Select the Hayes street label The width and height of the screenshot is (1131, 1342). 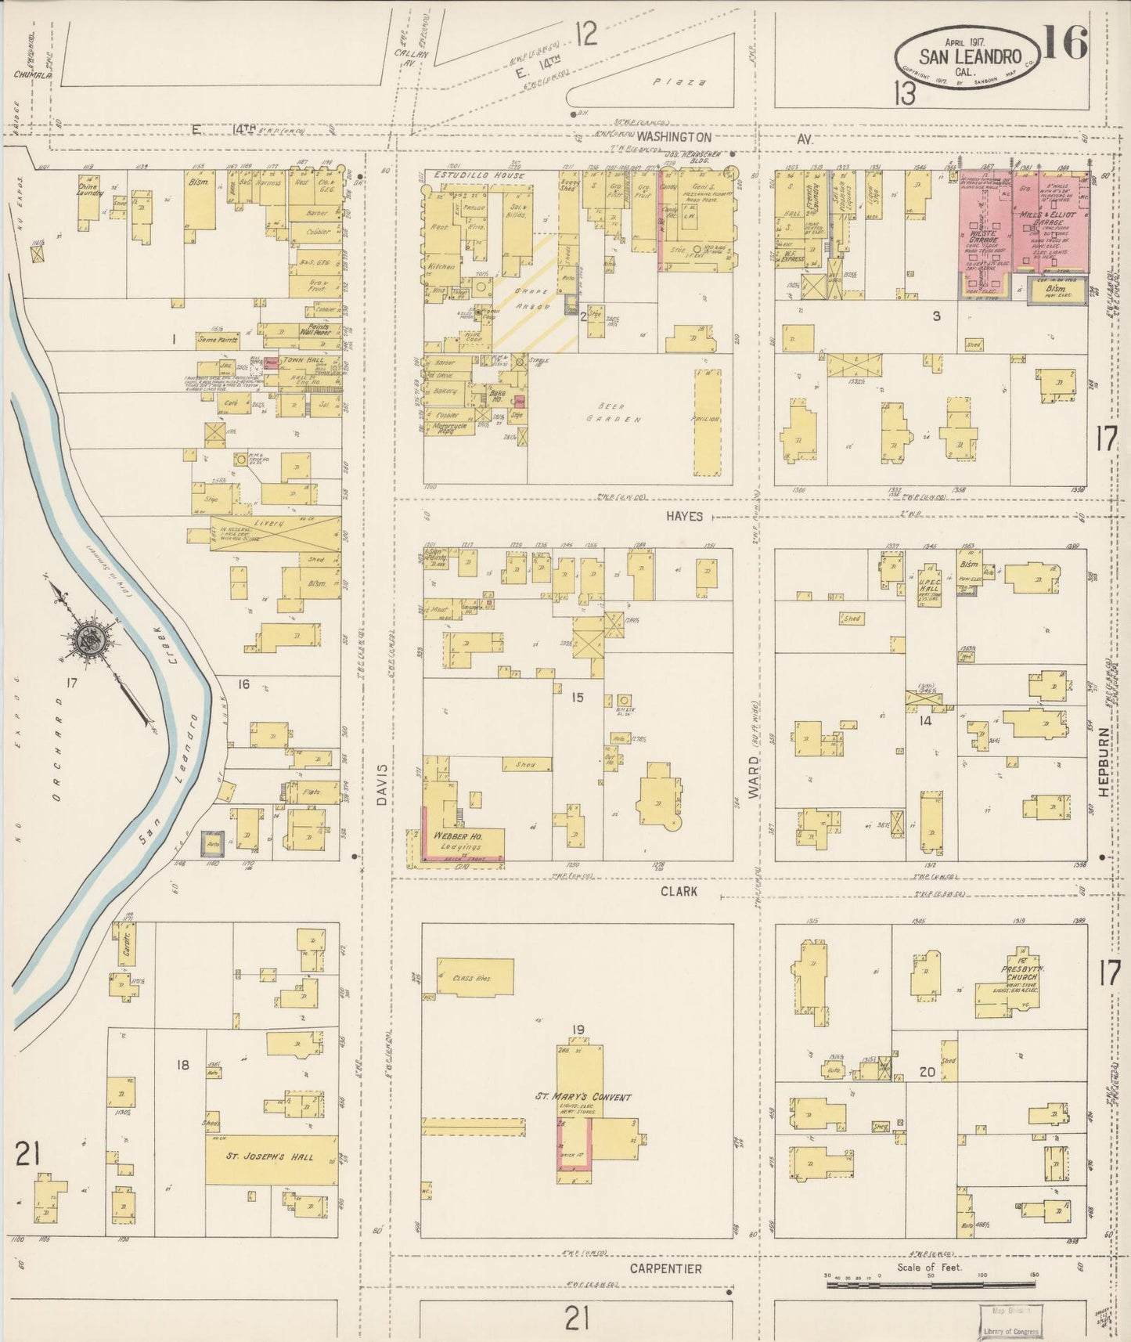click(685, 517)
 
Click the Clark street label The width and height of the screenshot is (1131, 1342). click(679, 892)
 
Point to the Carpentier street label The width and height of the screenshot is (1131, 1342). click(666, 1268)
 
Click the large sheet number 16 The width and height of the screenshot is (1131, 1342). click(1065, 43)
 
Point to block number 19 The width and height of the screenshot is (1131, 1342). click(578, 1029)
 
